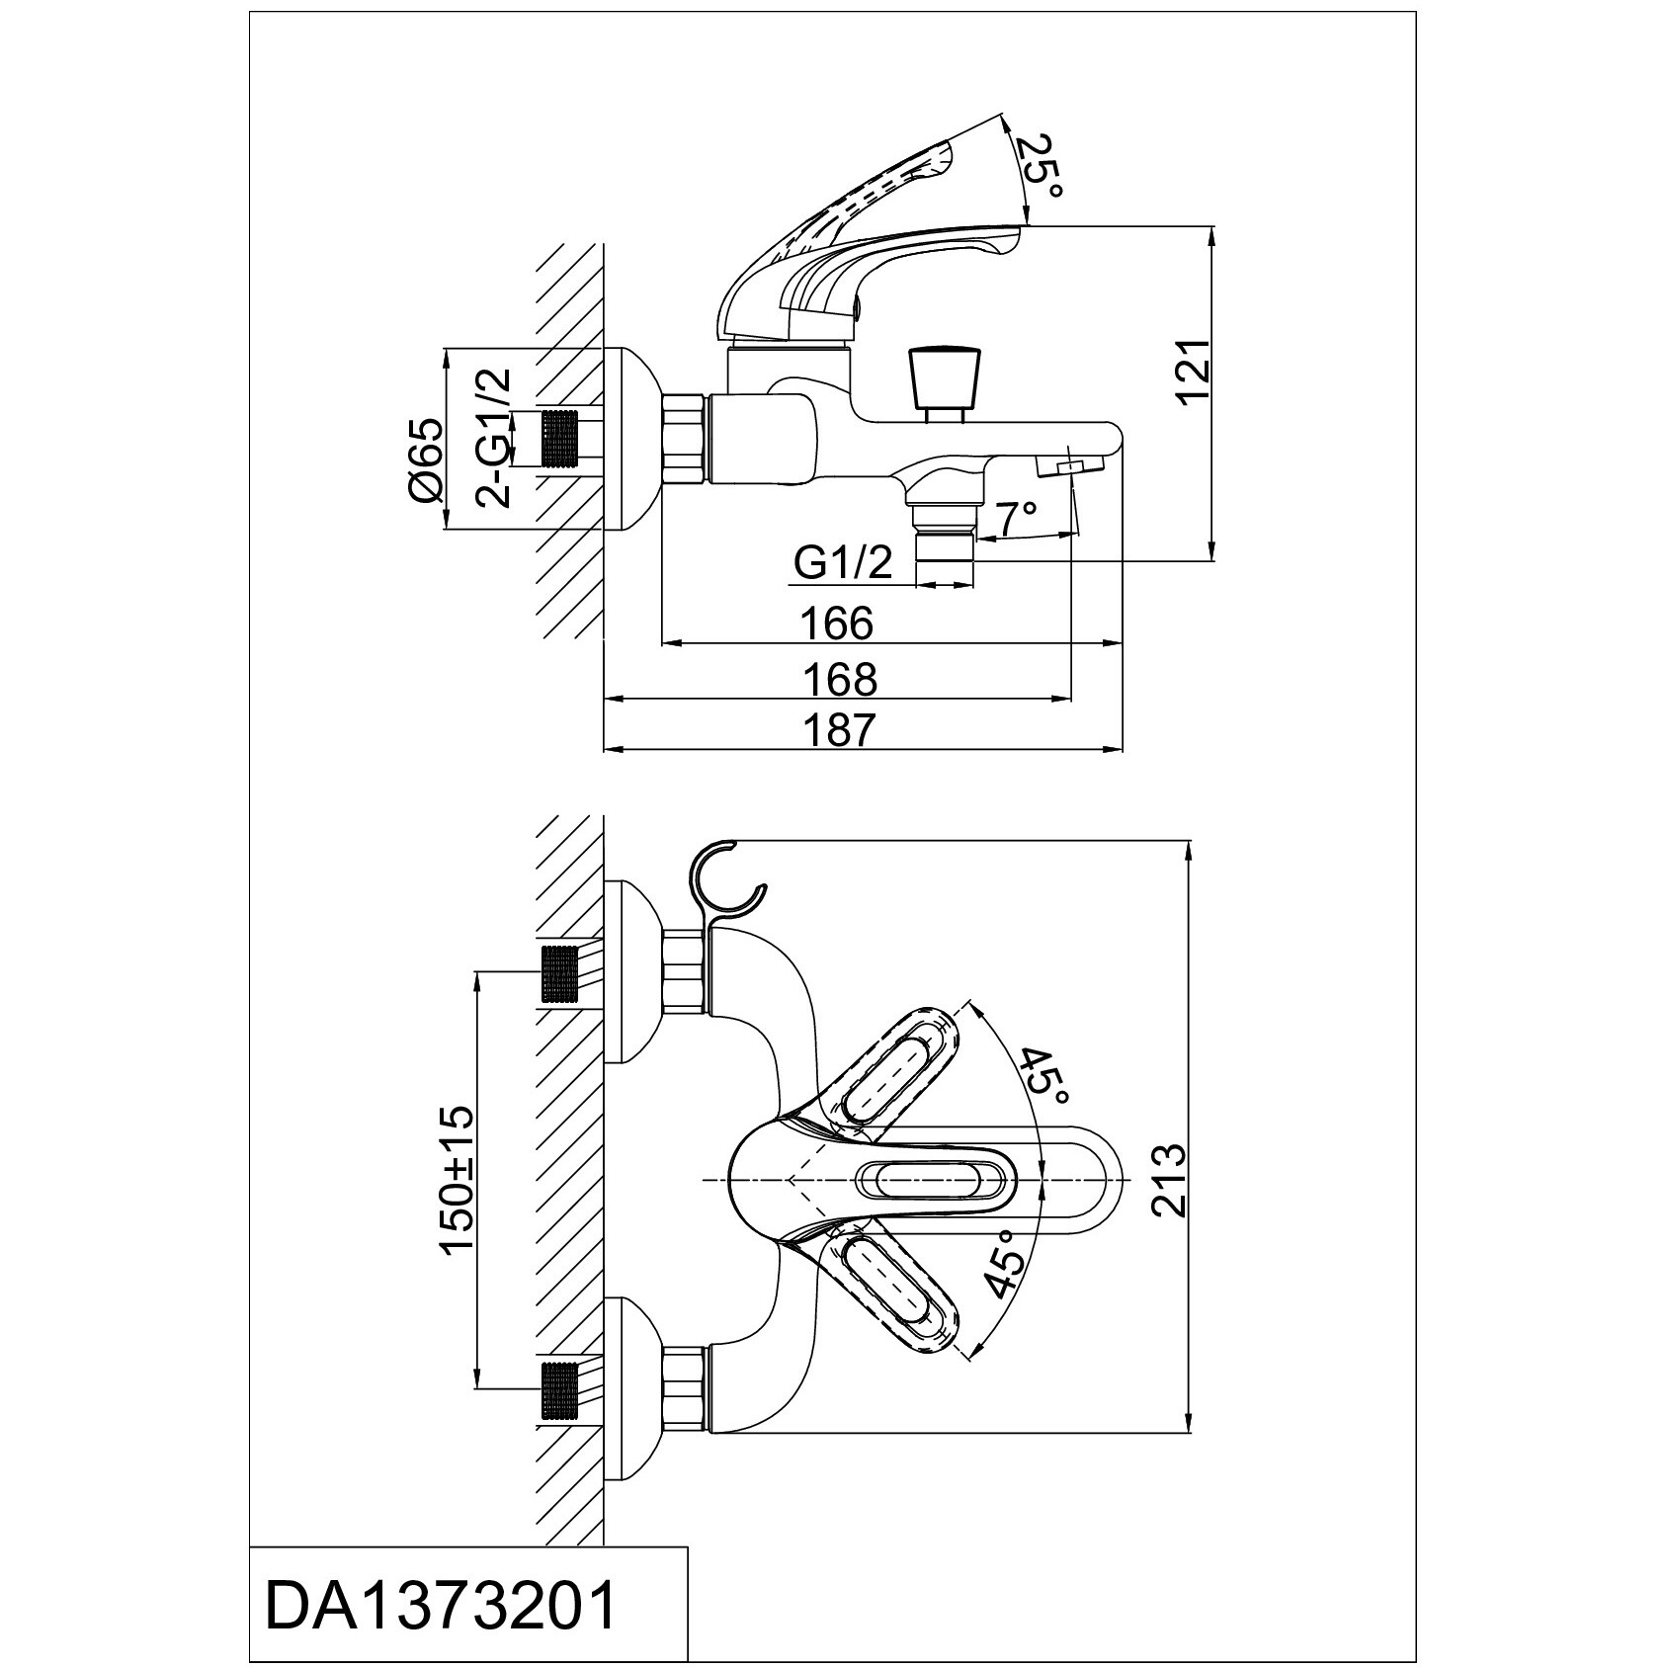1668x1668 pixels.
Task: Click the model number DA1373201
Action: pos(442,1606)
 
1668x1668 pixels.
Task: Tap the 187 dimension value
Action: pos(839,730)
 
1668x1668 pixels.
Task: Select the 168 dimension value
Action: pos(839,679)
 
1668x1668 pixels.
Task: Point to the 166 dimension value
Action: pos(837,624)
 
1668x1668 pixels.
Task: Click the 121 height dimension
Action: pos(1193,371)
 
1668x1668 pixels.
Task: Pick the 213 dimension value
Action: pos(1167,1181)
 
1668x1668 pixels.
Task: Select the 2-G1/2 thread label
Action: pos(493,438)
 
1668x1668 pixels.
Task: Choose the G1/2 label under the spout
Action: pos(843,564)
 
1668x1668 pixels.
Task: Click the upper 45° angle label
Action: pos(1045,1077)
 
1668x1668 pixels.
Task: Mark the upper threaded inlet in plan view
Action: pos(559,974)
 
